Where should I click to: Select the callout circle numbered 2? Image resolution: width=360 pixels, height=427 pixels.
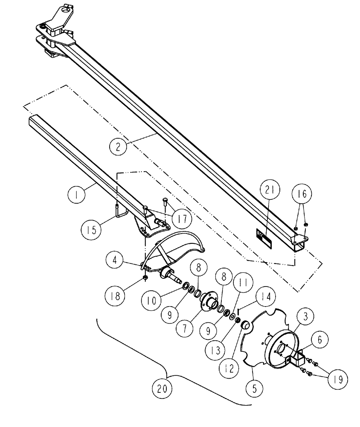click(x=117, y=147)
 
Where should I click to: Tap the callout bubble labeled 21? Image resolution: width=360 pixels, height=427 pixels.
click(x=272, y=192)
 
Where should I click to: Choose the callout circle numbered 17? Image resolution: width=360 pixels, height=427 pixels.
click(x=182, y=219)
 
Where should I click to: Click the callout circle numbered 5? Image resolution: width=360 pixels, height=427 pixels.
click(x=255, y=388)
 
